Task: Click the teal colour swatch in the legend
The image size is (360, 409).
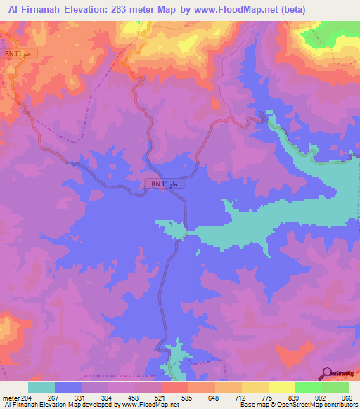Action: pyautogui.click(x=41, y=387)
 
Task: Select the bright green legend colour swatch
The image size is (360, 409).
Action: pyautogui.click(x=308, y=387)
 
